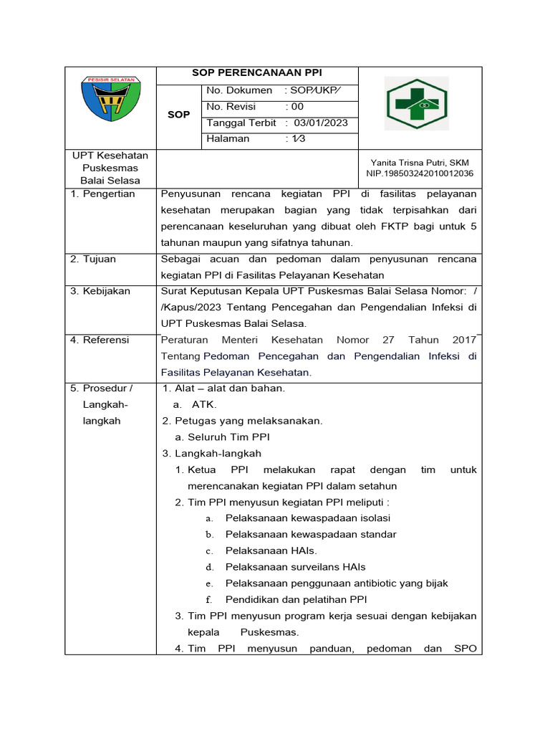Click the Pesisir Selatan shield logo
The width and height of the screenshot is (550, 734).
pyautogui.click(x=110, y=100)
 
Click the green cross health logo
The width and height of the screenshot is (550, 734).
pyautogui.click(x=416, y=104)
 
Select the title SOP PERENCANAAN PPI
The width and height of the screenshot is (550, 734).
pyautogui.click(x=257, y=73)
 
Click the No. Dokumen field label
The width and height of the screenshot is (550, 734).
pyautogui.click(x=239, y=90)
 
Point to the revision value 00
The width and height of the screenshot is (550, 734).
pyautogui.click(x=297, y=106)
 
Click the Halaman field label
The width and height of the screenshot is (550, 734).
pyautogui.click(x=228, y=138)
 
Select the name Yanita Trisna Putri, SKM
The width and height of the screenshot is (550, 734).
pyautogui.click(x=420, y=163)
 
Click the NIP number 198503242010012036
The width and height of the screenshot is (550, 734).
pyautogui.click(x=420, y=173)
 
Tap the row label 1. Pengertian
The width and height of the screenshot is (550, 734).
pyautogui.click(x=102, y=194)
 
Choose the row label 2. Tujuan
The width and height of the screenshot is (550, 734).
pyautogui.click(x=93, y=259)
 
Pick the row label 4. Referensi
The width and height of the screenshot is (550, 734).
pyautogui.click(x=100, y=340)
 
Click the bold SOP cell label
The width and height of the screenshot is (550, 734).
pyautogui.click(x=178, y=115)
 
